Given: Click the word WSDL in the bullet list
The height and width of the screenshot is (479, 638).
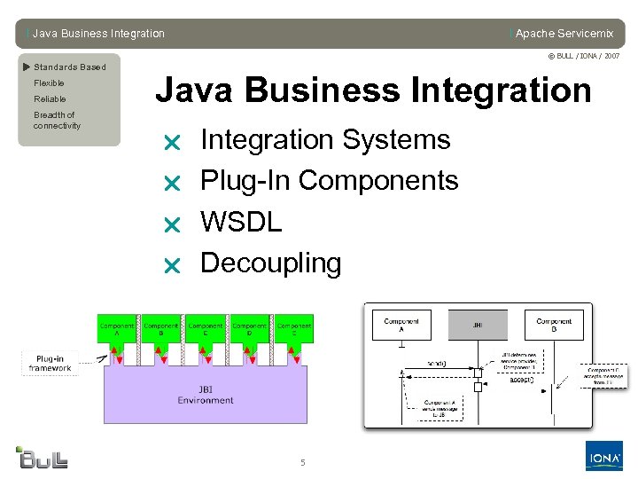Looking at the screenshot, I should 241,222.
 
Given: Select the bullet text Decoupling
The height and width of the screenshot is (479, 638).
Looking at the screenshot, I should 270,263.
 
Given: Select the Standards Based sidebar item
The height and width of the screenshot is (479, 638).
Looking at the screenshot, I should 69,67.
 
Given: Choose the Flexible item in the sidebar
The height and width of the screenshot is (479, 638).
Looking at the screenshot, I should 49,83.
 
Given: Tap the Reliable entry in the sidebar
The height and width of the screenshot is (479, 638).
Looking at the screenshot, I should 50,99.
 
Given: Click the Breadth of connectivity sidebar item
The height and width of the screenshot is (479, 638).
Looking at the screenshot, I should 57,121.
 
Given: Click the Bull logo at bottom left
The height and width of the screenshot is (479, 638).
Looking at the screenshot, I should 43,457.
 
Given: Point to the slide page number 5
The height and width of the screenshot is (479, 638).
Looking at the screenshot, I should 302,462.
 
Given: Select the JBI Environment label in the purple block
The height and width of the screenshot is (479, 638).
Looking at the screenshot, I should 205,395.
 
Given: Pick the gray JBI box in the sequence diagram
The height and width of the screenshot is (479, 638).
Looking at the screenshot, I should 478,325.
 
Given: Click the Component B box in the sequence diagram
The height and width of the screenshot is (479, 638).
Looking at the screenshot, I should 554,325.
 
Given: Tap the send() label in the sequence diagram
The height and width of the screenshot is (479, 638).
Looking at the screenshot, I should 437,363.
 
